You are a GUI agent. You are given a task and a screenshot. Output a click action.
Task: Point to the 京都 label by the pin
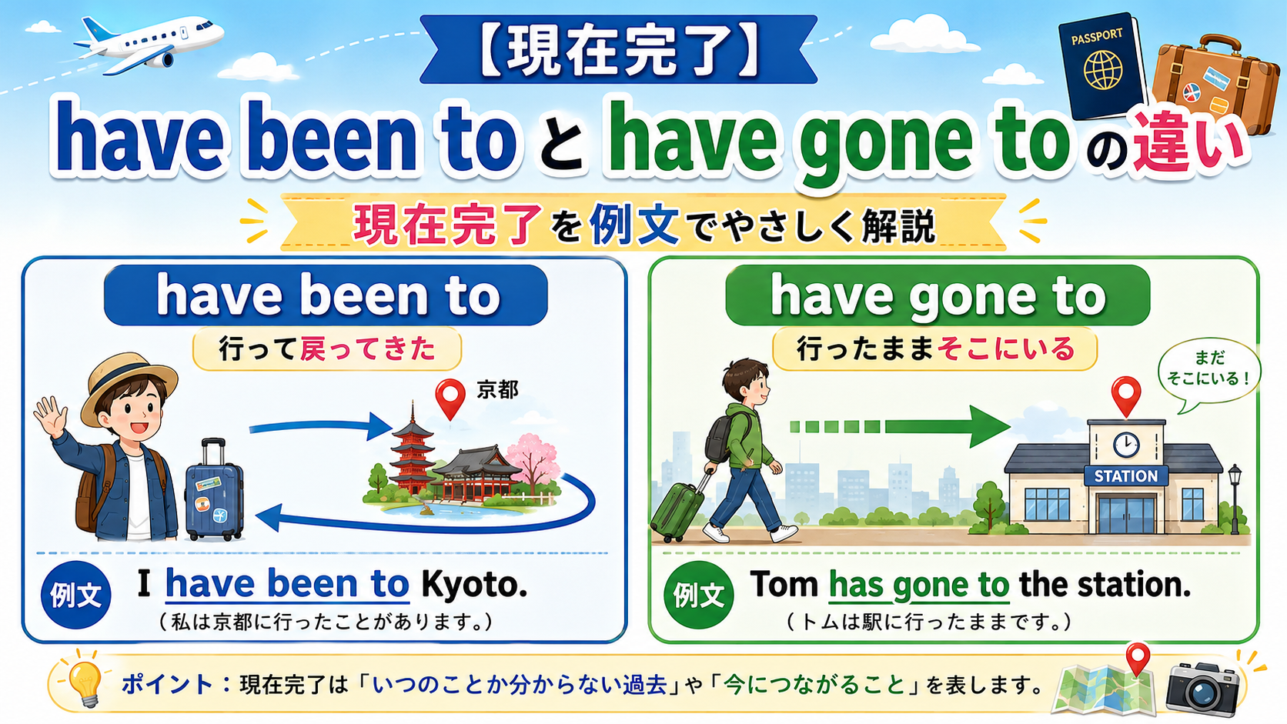(497, 390)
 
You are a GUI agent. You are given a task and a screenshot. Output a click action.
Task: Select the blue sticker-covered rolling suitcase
(214, 490)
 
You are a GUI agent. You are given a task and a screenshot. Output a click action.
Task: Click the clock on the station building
(1126, 445)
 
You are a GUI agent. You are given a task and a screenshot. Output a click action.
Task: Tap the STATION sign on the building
(1125, 476)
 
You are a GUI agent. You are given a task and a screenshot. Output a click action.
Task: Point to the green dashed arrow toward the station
(900, 426)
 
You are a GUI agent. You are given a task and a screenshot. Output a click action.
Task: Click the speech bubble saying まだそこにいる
(1208, 372)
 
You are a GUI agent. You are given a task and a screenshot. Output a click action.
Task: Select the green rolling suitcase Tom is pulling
(679, 509)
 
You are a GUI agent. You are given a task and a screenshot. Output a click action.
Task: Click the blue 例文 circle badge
(76, 595)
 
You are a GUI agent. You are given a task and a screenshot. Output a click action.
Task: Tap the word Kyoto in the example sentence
(474, 585)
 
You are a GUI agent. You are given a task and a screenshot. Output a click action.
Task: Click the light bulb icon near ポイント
(85, 682)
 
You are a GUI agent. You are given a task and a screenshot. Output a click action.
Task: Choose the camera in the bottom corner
(1202, 689)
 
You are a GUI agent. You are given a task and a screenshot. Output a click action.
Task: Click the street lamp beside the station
(1235, 499)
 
